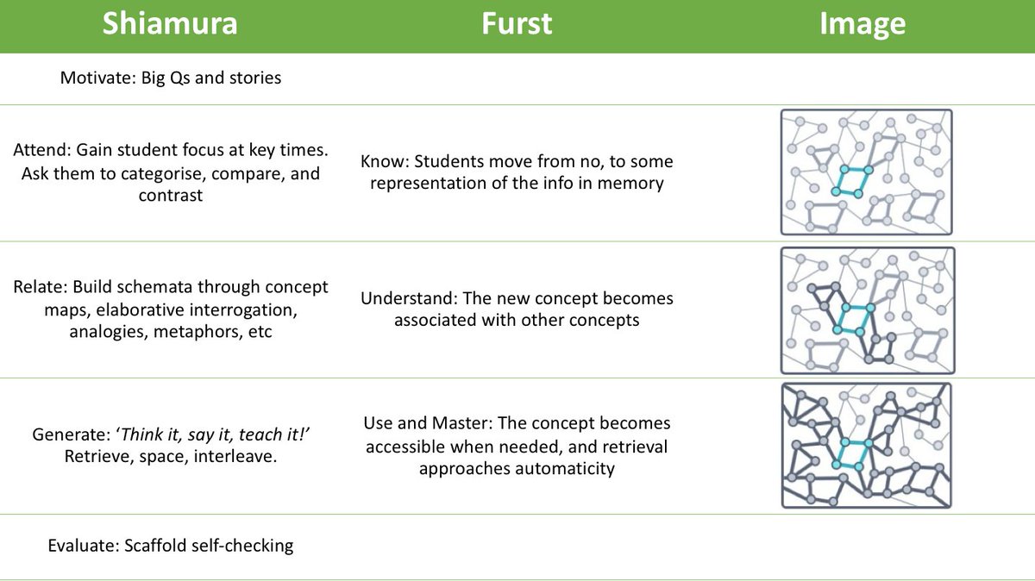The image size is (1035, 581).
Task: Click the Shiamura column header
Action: coord(170,25)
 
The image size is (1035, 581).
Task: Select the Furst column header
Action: coord(516,25)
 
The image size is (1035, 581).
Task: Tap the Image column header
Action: coord(862,25)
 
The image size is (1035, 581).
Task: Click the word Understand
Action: coord(407,298)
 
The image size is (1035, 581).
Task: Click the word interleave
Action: coord(235,457)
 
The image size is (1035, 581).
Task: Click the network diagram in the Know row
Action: coord(866,172)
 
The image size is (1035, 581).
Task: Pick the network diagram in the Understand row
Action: coord(866,310)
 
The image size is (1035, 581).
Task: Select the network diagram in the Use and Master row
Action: coord(866,445)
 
